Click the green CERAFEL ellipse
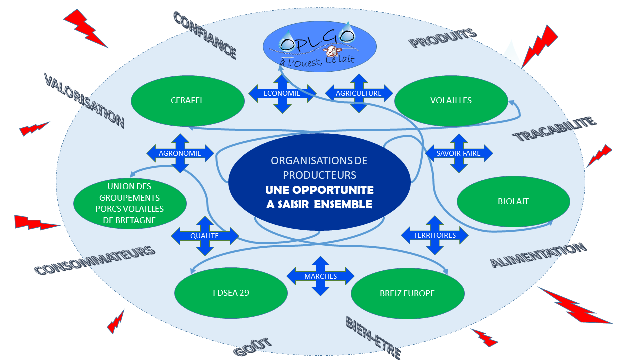187,101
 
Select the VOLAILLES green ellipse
451,101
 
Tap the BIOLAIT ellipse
513,201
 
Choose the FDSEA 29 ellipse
231,293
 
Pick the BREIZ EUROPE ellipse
407,293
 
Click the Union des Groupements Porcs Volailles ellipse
130,203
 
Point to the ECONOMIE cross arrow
282,93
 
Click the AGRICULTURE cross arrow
359,93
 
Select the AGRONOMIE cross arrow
180,153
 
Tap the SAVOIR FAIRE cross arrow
459,153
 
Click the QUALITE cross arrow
205,236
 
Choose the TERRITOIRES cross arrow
435,235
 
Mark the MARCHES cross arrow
320,276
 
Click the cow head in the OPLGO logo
332,51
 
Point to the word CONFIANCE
205,35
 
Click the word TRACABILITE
555,129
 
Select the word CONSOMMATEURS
95,260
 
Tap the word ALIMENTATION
539,255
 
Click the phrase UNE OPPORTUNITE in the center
319,190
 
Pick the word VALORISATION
84,100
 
